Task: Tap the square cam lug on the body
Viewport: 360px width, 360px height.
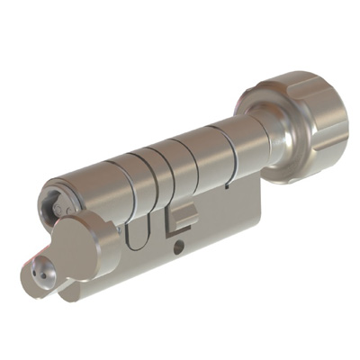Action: (184, 216)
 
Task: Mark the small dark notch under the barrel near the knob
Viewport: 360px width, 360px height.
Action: (228, 187)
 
